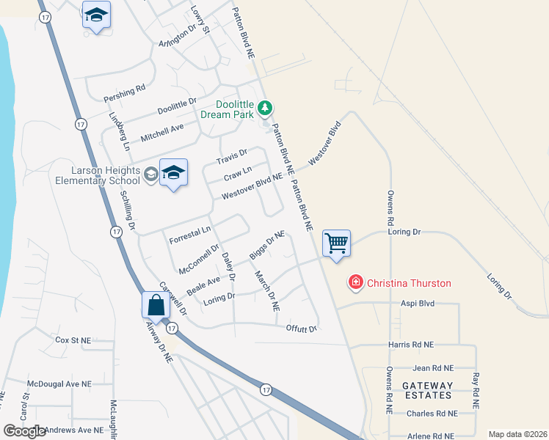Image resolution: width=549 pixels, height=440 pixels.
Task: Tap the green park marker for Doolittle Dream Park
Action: point(265,109)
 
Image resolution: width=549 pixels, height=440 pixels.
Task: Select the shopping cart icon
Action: point(336,242)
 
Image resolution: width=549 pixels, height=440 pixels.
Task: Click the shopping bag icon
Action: point(156,304)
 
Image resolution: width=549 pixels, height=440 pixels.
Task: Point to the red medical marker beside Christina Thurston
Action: point(356,282)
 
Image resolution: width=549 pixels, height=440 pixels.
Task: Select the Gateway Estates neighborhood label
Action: point(426,390)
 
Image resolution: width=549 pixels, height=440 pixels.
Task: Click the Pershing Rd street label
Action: point(125,93)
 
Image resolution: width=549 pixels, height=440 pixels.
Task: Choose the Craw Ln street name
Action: point(237,174)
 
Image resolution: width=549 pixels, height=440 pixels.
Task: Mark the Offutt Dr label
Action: point(301,328)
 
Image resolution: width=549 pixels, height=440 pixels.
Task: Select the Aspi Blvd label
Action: point(418,304)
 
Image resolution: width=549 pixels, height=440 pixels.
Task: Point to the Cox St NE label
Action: point(73,340)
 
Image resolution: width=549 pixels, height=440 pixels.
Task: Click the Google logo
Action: point(24,431)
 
